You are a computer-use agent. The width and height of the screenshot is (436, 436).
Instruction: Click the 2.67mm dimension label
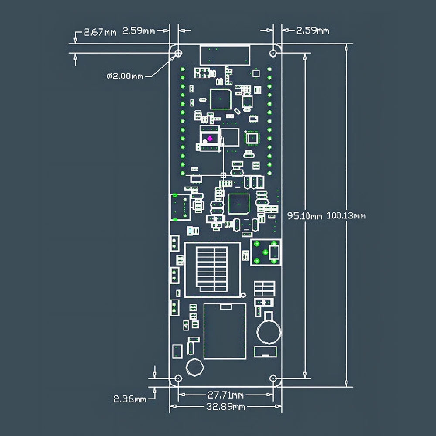(x=100, y=32)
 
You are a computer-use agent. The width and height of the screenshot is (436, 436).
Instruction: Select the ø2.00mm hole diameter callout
(x=125, y=76)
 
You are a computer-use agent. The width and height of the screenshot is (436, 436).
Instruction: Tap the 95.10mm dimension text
(x=304, y=215)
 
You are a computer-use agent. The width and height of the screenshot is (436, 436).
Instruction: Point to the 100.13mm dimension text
(x=346, y=215)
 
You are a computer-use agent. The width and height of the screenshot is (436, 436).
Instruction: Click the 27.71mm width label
(x=225, y=395)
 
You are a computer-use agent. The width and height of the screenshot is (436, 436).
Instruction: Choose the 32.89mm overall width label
(x=225, y=407)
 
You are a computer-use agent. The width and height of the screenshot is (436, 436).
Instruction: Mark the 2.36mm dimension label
(x=130, y=399)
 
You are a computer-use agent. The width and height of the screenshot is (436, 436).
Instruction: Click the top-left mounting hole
(x=178, y=53)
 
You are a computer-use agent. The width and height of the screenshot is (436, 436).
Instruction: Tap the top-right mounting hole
(x=273, y=53)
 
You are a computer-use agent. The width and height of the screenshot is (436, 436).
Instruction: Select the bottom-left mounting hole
(x=178, y=378)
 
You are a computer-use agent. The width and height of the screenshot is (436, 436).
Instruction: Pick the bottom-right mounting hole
(x=273, y=378)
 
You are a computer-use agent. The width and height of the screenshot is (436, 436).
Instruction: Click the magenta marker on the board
(x=209, y=139)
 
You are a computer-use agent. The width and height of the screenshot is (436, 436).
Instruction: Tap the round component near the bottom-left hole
(x=194, y=368)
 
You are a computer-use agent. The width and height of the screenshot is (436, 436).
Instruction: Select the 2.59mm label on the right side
(x=313, y=31)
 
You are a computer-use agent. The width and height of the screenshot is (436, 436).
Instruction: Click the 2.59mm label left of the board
(x=138, y=31)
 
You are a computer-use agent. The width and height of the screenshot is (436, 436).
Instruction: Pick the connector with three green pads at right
(x=265, y=252)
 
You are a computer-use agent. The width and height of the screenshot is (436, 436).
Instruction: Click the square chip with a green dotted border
(x=252, y=138)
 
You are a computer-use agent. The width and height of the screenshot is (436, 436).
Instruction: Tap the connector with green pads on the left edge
(x=180, y=207)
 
